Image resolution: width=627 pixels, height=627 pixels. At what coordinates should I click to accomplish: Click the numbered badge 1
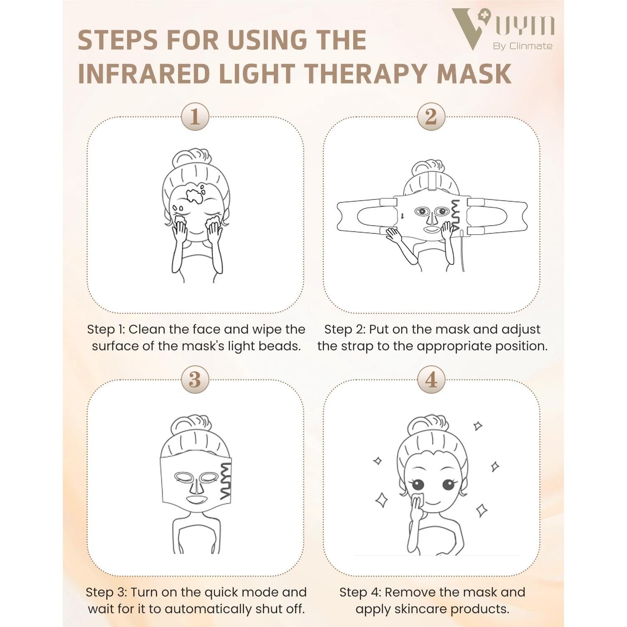click(x=195, y=117)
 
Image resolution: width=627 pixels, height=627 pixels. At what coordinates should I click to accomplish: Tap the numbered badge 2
click(x=431, y=117)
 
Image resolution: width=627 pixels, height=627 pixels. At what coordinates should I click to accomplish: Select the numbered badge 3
click(x=195, y=380)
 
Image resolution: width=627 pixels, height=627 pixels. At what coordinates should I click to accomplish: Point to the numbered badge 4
click(x=431, y=380)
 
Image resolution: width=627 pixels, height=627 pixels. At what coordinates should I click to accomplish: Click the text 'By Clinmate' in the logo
click(x=522, y=46)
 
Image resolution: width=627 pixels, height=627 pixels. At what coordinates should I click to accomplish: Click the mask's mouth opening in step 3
click(x=195, y=500)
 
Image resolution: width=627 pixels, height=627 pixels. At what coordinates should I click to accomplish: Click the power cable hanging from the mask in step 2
click(x=462, y=251)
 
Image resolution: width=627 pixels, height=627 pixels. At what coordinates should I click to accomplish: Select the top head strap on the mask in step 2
click(x=432, y=180)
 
